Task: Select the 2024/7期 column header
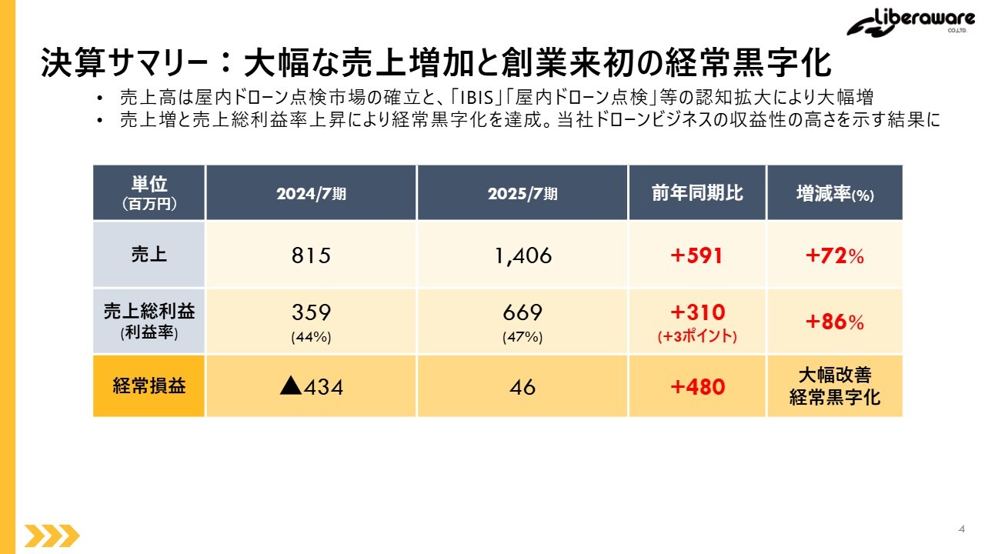click(311, 194)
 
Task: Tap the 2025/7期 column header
click(522, 194)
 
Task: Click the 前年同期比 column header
click(697, 193)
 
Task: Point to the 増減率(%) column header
click(834, 194)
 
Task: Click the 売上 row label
click(149, 255)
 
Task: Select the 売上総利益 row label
click(149, 312)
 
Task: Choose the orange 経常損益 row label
click(149, 386)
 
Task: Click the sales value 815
click(311, 255)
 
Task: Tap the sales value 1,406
click(523, 255)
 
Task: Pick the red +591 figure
click(696, 255)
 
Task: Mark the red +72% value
click(834, 255)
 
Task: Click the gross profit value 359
click(311, 312)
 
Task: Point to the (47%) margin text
click(522, 336)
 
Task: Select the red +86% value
click(834, 322)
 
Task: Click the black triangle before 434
click(290, 385)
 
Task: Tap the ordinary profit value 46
click(523, 386)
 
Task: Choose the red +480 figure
click(697, 386)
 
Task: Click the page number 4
click(961, 529)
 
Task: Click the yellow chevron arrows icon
click(52, 535)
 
